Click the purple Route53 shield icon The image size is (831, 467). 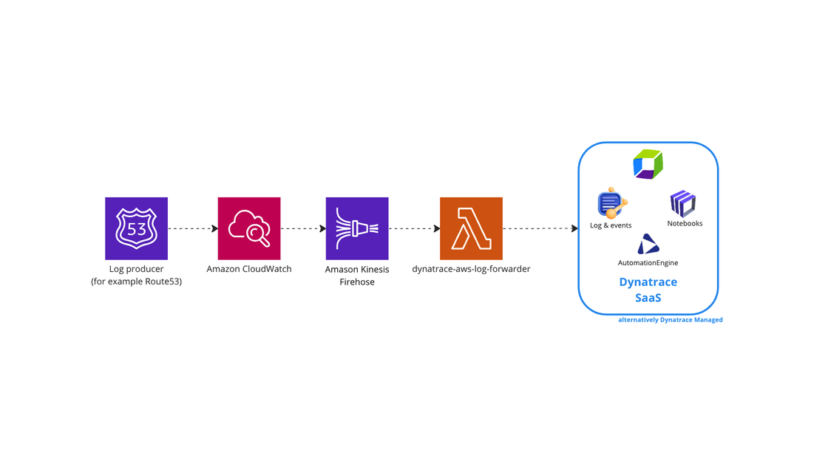coord(136,228)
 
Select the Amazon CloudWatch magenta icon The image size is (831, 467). coord(249,228)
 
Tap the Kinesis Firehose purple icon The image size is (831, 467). coord(357,228)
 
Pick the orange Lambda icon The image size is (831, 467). coord(471,228)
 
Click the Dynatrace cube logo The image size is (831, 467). coord(648,164)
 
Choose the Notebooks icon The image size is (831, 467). coord(683,204)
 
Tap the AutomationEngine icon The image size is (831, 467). coord(648,245)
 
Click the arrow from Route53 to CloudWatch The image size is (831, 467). coord(193,228)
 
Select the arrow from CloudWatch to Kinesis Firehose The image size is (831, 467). coord(303,228)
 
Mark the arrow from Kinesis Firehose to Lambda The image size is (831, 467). coord(414,228)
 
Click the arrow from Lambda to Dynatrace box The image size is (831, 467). coord(540,228)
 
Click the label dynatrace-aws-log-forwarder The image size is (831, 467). coord(471,269)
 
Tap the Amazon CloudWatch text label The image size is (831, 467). coord(249,269)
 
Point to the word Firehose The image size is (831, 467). coord(357,282)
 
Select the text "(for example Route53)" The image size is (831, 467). coord(136,282)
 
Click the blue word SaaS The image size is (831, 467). coord(648,298)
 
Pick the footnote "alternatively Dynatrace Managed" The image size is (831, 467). coord(670,320)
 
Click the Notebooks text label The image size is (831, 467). coord(685,223)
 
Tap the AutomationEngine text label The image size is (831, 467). coord(648,263)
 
